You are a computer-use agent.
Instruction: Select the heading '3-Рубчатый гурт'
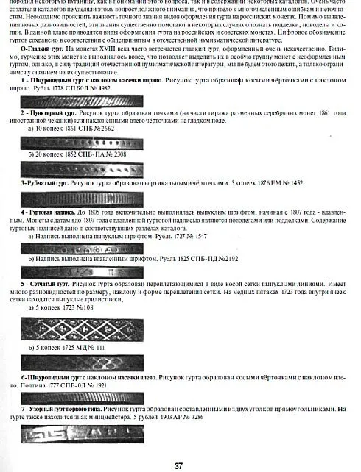44,182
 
